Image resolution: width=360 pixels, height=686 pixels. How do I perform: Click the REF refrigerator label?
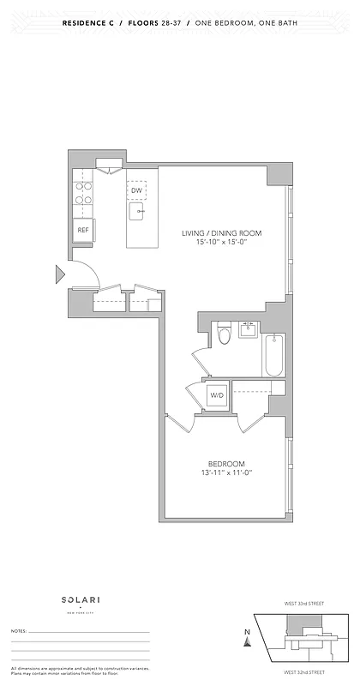coord(83,231)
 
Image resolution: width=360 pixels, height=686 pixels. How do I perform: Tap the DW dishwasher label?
coord(136,190)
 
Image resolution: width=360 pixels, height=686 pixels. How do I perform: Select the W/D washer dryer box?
coord(217,395)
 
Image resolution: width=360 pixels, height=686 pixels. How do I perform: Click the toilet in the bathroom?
coord(225,334)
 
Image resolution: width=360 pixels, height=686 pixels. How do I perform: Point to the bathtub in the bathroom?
coord(274,355)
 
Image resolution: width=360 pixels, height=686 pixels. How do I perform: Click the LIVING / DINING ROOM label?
coord(221,233)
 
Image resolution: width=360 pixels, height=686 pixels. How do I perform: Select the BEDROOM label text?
coord(225,463)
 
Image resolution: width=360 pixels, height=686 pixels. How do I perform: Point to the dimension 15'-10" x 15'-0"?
coord(221,243)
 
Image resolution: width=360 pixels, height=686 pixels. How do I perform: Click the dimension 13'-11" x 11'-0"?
coord(225,472)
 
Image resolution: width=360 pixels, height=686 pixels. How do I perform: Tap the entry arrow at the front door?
coord(60,274)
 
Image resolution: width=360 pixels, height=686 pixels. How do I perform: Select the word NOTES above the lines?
coord(18,631)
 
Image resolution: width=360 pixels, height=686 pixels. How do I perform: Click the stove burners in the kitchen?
coord(83,193)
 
